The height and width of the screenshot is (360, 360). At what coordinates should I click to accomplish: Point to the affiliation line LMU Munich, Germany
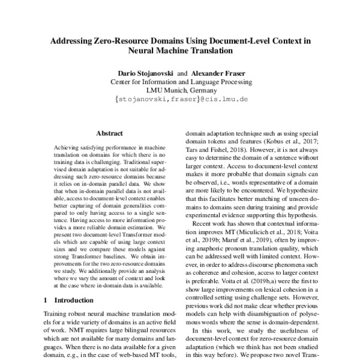(180, 91)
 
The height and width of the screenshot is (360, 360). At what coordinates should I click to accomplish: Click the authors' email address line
(180, 101)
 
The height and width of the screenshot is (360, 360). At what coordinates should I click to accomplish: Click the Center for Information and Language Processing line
(180, 82)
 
